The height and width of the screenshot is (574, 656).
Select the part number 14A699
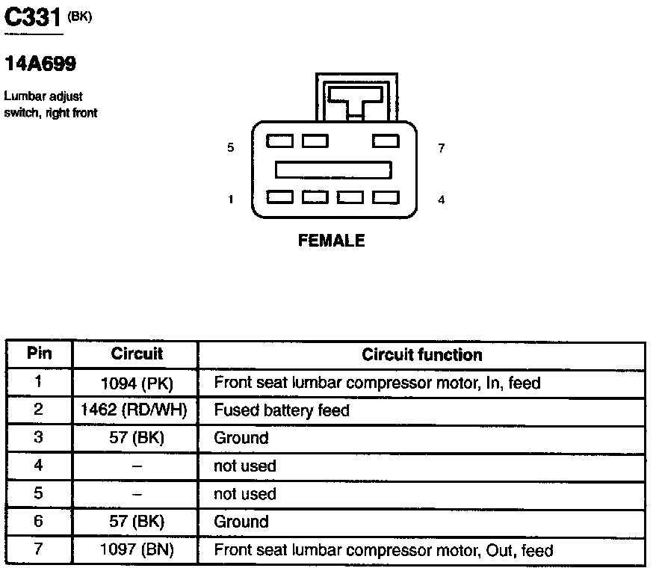tap(40, 64)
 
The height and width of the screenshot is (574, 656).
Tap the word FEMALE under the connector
tap(331, 241)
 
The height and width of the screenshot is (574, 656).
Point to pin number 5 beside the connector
tap(230, 148)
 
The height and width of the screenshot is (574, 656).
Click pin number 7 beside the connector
tap(441, 148)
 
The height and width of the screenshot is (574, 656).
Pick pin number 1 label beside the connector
tap(230, 200)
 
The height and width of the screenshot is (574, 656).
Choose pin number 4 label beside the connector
tap(441, 200)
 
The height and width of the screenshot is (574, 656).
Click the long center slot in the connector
tap(333, 170)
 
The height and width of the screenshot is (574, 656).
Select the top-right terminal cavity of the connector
tap(386, 140)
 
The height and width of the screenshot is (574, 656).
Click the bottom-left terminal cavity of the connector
tap(280, 197)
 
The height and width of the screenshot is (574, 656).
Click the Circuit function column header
tap(421, 354)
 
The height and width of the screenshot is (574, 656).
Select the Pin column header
tap(39, 353)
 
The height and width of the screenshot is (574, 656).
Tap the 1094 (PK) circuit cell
tap(136, 383)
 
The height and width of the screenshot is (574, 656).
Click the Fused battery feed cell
tap(282, 410)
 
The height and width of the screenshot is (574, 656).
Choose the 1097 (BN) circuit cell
tap(136, 551)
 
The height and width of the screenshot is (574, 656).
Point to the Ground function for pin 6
tap(241, 522)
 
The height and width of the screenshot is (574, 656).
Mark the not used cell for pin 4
tap(245, 466)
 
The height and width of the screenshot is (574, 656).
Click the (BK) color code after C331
tap(80, 17)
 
